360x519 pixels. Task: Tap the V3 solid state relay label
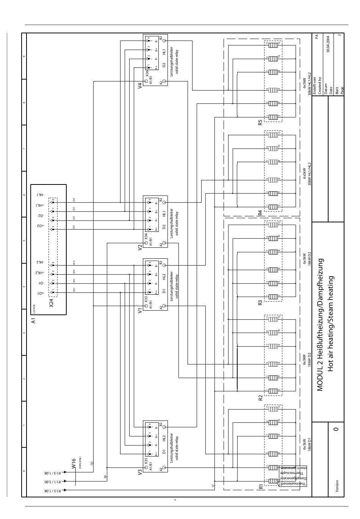(140, 472)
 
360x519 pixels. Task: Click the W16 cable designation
(74, 464)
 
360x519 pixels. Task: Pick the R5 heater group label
(260, 122)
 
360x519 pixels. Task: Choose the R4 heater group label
(260, 213)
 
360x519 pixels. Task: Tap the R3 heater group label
(260, 303)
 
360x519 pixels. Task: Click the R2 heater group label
(260, 397)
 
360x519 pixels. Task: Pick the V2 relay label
(140, 248)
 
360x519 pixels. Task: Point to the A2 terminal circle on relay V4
(164, 82)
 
